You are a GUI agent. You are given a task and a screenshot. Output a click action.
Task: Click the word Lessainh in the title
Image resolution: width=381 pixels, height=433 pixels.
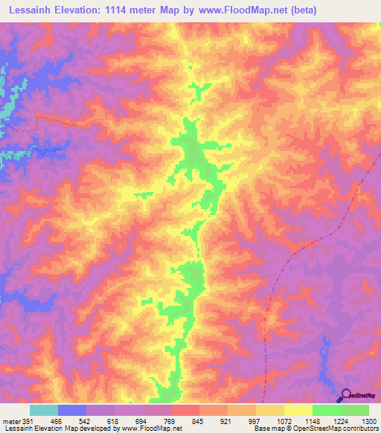[31, 10]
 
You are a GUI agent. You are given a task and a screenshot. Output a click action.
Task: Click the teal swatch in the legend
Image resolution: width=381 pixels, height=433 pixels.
[44, 410]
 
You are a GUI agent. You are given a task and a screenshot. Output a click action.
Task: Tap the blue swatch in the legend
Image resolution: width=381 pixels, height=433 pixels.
[72, 410]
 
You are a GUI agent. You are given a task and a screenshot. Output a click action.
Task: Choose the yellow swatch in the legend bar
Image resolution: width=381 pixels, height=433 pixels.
[298, 410]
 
